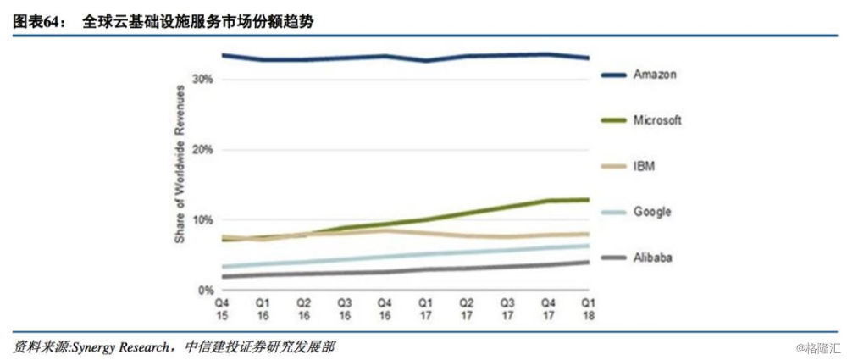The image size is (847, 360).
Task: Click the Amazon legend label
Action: pos(655,75)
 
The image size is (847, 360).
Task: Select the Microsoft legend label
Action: pos(657,120)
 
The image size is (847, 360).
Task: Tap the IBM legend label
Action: pos(645,165)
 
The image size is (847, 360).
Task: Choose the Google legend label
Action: pos(651,211)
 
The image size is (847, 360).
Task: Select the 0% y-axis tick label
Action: pos(205,290)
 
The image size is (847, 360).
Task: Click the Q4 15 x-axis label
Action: pos(222,308)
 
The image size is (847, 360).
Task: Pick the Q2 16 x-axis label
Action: pos(303,308)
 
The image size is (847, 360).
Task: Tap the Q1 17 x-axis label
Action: pos(425,308)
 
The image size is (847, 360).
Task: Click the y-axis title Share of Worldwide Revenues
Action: pos(180,180)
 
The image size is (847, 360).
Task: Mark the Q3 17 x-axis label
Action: pos(507,308)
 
